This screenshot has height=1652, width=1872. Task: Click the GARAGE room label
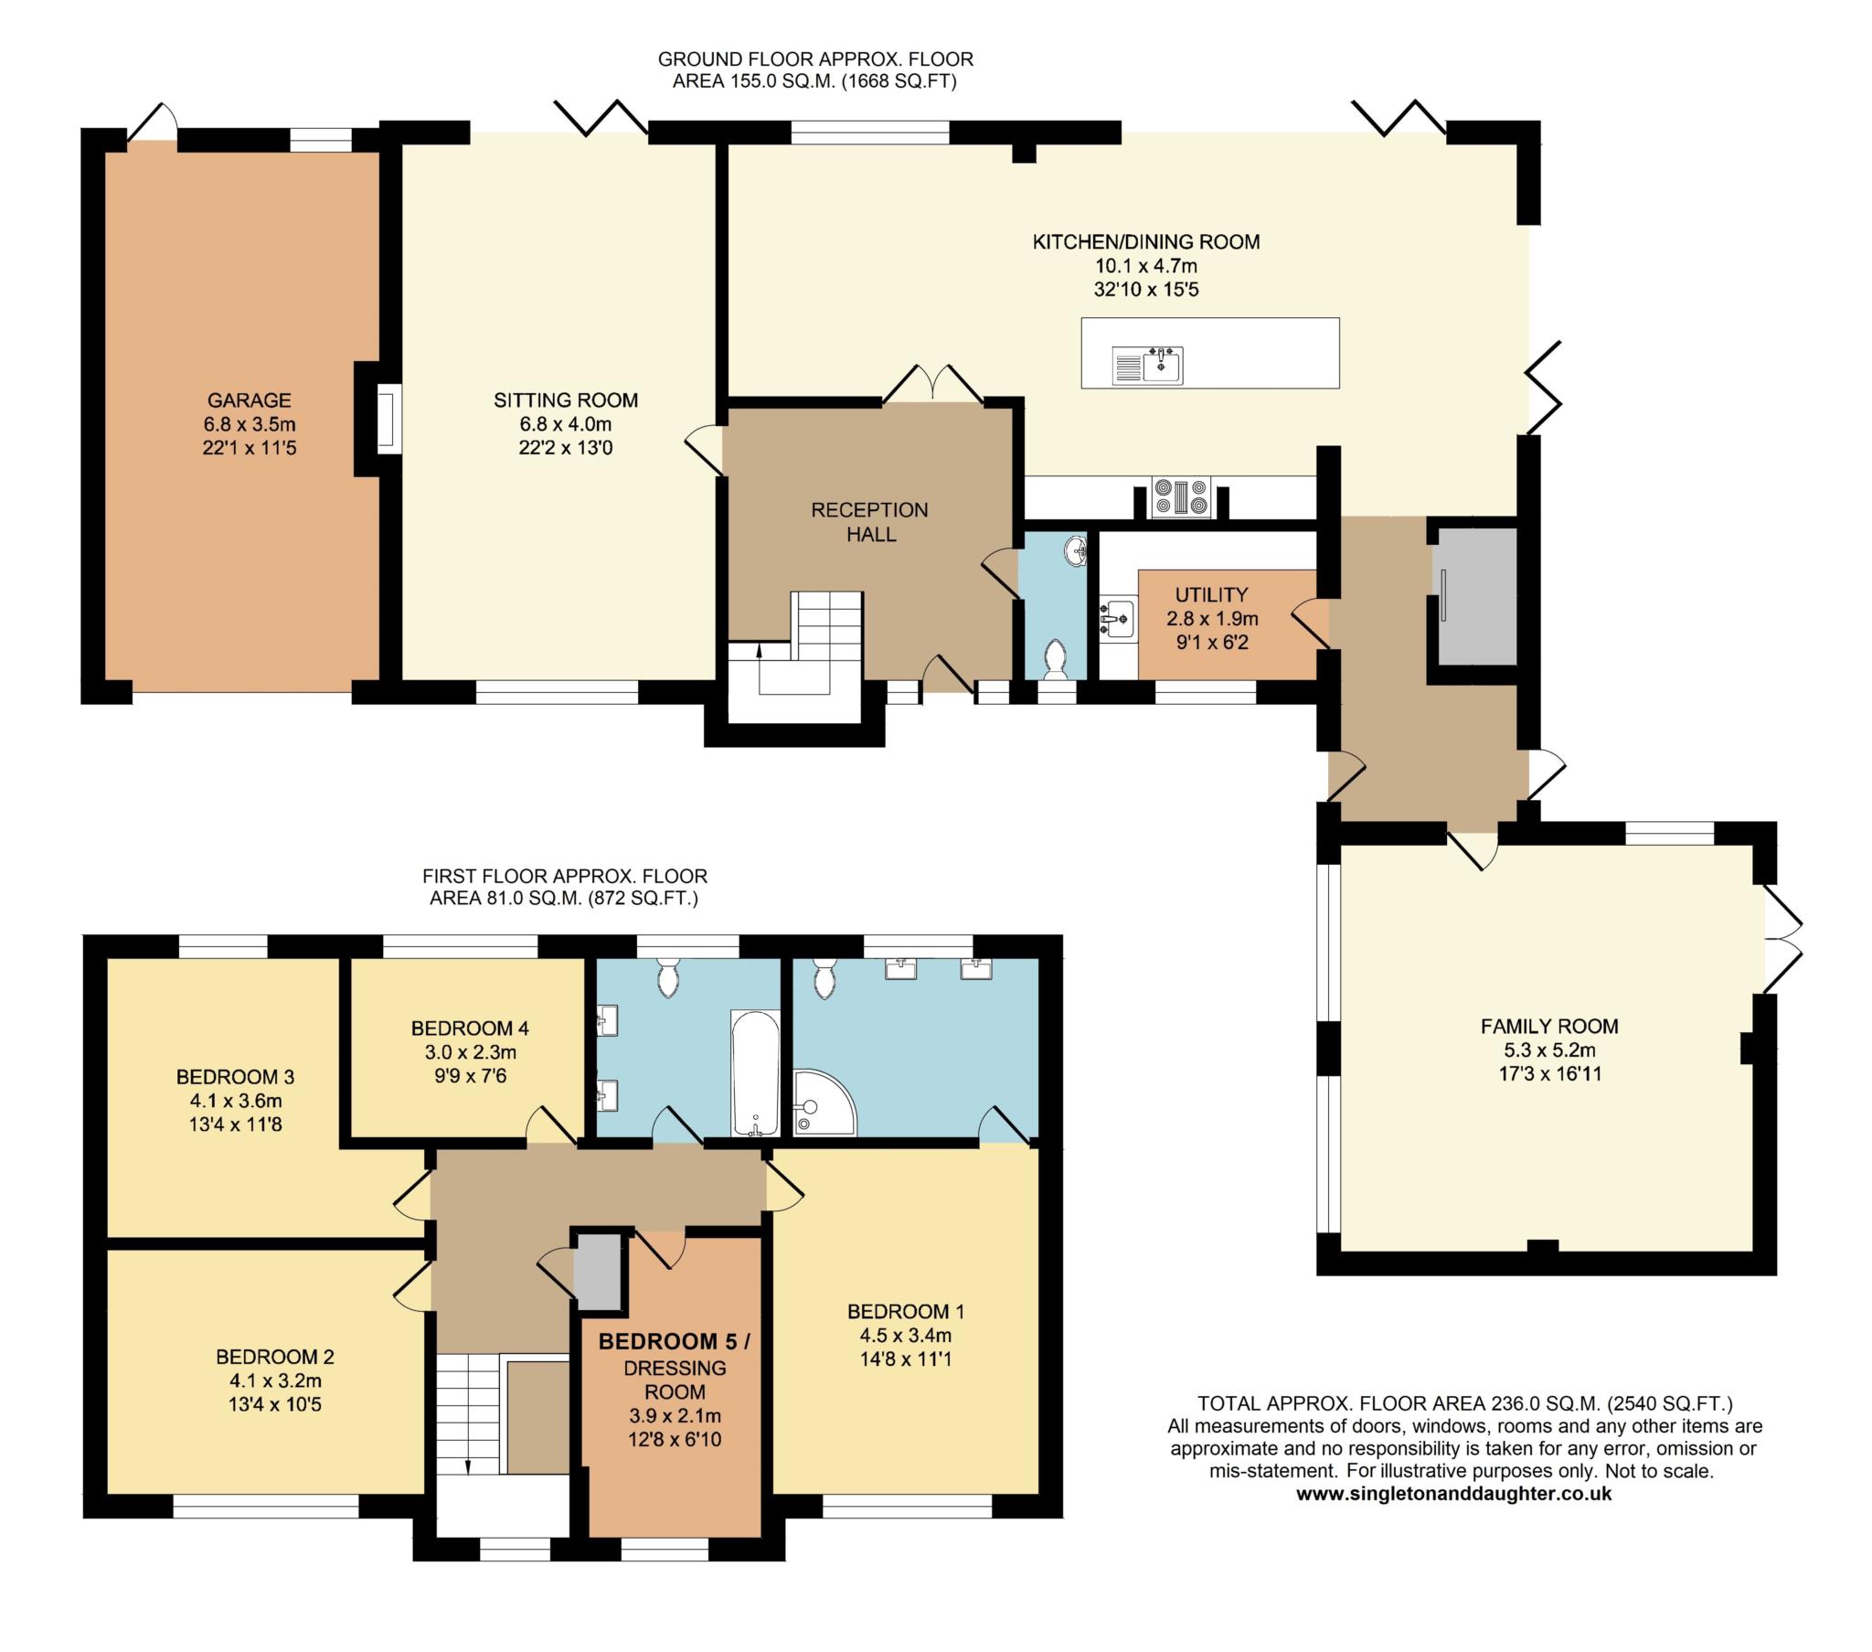pos(250,400)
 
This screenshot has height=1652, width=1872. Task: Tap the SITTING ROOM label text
pos(566,400)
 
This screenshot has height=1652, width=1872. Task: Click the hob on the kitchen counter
pos(1182,498)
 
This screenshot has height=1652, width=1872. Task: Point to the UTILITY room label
pos(1212,594)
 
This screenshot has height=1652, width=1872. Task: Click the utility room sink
pos(1116,619)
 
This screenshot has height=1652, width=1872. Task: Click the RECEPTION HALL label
pos(870,522)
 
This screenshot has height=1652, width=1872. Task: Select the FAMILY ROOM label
pos(1549,1026)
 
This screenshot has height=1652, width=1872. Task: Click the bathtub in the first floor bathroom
pos(756,1072)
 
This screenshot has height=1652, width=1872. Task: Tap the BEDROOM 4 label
pos(470,1028)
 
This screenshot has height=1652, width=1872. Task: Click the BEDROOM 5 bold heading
pos(674,1341)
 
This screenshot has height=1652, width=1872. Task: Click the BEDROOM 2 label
pos(275,1356)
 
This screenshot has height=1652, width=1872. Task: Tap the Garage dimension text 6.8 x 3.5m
pos(250,424)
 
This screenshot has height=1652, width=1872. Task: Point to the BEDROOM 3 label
pos(236,1077)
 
